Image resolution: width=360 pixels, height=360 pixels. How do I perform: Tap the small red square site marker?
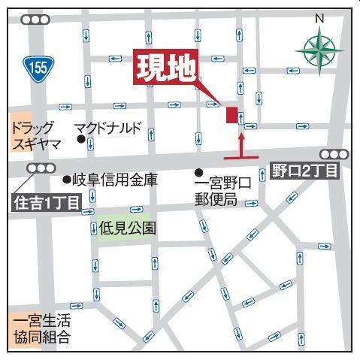(x=231, y=114)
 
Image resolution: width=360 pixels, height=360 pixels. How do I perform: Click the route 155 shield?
(x=38, y=68)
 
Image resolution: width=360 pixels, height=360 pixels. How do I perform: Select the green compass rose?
(x=317, y=50)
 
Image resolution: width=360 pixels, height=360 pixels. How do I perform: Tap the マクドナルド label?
(x=110, y=127)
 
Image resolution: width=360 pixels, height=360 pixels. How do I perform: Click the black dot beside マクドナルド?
(x=80, y=138)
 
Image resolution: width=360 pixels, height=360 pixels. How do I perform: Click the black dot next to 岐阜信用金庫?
(x=65, y=180)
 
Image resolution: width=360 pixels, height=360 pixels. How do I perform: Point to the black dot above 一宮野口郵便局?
(x=198, y=171)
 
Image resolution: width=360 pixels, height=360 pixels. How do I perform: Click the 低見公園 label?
(x=128, y=225)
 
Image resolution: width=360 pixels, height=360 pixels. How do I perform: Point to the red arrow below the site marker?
(x=241, y=146)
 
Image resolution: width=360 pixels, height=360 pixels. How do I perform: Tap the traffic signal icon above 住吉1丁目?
(x=41, y=168)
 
